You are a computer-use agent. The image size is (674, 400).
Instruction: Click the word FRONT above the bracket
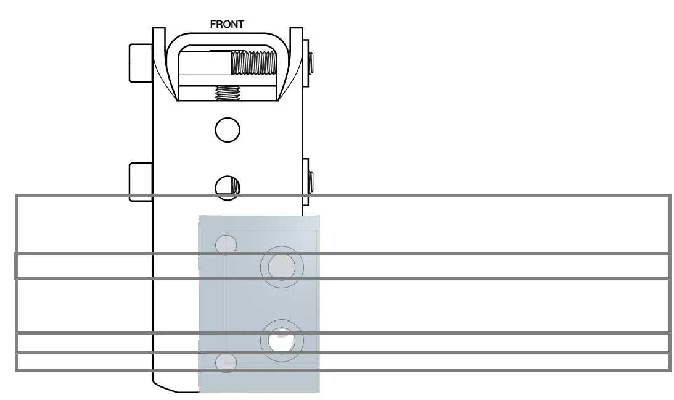click(x=227, y=25)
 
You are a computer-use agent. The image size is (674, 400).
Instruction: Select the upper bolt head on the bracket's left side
click(x=141, y=63)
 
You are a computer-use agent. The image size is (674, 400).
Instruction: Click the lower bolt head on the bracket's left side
click(x=141, y=181)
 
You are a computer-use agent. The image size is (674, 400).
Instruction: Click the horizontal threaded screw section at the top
click(x=254, y=63)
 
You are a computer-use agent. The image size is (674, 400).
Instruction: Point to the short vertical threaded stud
click(x=228, y=93)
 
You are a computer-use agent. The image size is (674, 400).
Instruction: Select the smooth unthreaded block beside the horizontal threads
click(x=205, y=63)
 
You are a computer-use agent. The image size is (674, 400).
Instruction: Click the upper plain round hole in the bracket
click(x=228, y=130)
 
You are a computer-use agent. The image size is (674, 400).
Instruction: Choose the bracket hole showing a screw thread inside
click(x=228, y=188)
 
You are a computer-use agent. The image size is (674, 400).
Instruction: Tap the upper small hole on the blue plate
click(x=226, y=244)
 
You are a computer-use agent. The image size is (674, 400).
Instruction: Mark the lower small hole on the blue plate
click(x=226, y=362)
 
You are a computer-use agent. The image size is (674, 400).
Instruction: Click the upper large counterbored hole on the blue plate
click(x=282, y=267)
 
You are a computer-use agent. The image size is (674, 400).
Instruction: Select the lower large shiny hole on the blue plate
click(x=282, y=341)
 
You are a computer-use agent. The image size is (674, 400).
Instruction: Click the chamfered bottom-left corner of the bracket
click(x=165, y=386)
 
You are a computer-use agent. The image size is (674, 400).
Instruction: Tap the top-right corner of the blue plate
click(x=319, y=216)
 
